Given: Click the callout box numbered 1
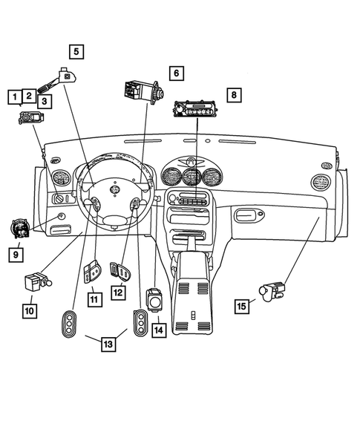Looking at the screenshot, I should tap(13, 96).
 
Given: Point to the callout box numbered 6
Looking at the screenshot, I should tap(176, 73).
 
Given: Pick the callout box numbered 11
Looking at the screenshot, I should tap(94, 299).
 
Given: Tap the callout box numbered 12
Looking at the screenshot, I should tap(117, 293).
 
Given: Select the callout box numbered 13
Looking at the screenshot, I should tap(108, 344).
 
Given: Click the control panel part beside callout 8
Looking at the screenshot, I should tap(197, 108).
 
